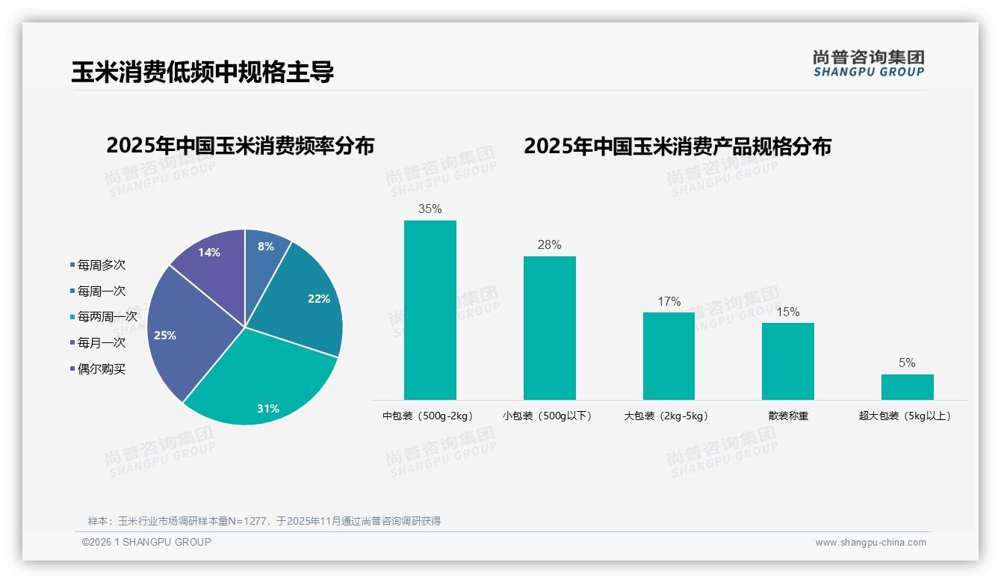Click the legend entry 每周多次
pos(102,265)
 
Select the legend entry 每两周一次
pos(107,317)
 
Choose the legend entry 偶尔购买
pos(102,368)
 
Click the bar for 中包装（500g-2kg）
pos(430,310)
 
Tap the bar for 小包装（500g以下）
pos(549,328)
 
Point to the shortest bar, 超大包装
pos(907,387)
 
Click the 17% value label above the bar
pos(669,302)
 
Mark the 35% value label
pos(430,209)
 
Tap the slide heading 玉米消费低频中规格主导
pos(202,72)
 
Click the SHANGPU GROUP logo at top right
pos(868,64)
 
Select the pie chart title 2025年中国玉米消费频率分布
pos(240,146)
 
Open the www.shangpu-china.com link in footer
pos(870,543)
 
